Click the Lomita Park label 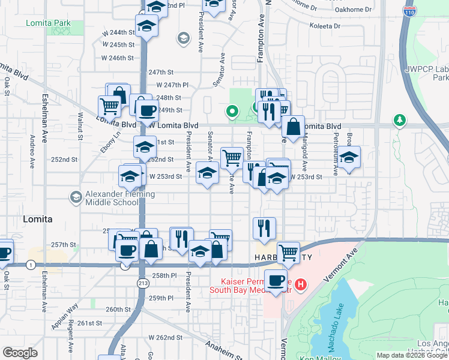(x=48, y=23)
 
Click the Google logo (x=20, y=353)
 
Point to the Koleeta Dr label (x=325, y=26)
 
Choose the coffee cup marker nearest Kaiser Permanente (x=276, y=280)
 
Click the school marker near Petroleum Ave (x=348, y=158)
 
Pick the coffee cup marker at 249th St (x=147, y=111)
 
